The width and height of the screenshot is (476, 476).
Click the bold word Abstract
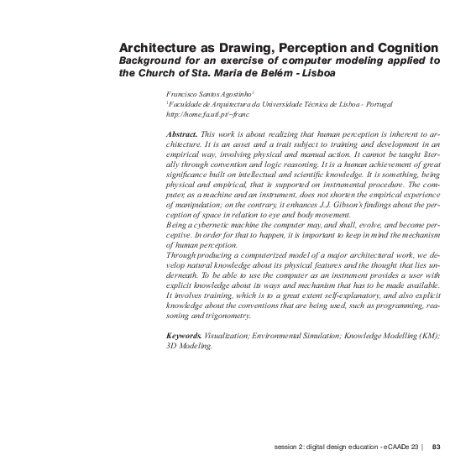pos(182,134)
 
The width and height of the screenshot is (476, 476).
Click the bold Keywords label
pos(184,335)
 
